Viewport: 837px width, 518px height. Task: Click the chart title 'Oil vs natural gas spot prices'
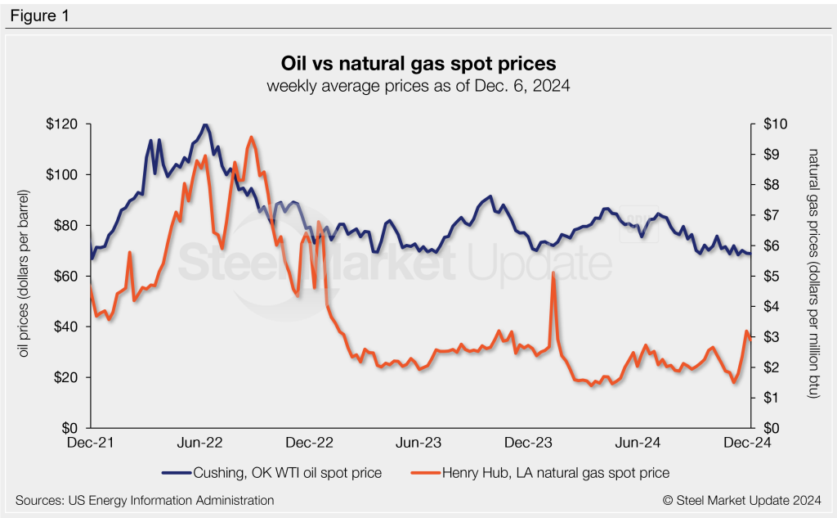pos(418,63)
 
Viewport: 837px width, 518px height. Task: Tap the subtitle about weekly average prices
pos(418,85)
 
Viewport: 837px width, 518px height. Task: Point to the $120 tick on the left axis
pos(62,124)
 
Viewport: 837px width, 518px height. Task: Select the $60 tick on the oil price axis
pos(65,277)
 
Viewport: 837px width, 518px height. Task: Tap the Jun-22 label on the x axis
pos(200,443)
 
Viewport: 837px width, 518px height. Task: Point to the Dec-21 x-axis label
pos(91,443)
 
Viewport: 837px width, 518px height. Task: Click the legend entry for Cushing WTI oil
pos(272,472)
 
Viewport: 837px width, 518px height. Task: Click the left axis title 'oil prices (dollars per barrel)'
pos(26,277)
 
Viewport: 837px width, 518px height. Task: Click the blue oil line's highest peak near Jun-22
pos(204,124)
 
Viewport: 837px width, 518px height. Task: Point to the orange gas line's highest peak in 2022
pos(252,137)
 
